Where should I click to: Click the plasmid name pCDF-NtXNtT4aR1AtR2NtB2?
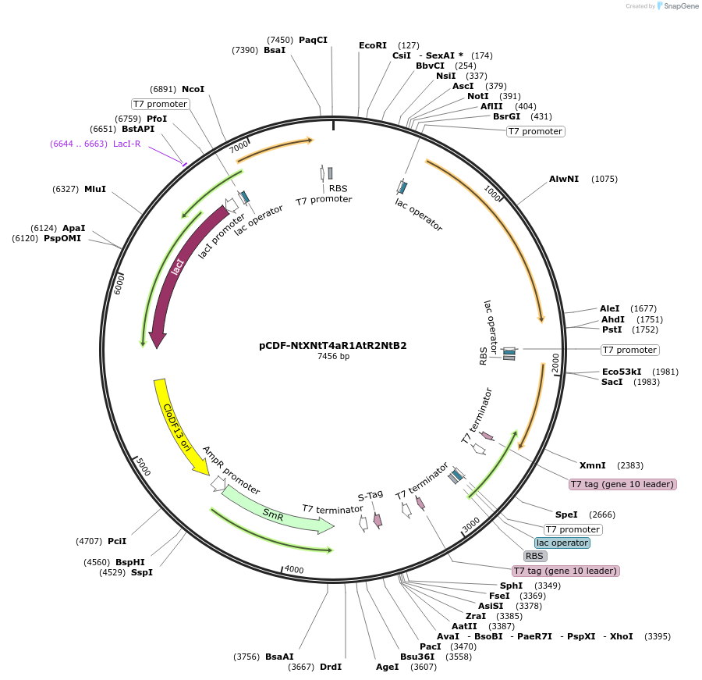coord(333,345)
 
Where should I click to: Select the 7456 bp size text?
coord(333,357)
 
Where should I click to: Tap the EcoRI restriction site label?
coord(372,45)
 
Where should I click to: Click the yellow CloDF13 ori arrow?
coord(176,426)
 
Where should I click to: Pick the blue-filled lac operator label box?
coord(562,543)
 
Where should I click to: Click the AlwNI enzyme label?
coord(564,179)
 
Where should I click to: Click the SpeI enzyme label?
coord(566,514)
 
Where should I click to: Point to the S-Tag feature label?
coord(370,494)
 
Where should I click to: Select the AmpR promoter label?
coord(230,470)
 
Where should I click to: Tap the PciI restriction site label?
coord(117,540)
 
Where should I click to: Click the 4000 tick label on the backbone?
coord(294,570)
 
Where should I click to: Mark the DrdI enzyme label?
coord(331,667)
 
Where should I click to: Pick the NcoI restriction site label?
coord(193,89)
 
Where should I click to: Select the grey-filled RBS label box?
coord(534,556)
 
